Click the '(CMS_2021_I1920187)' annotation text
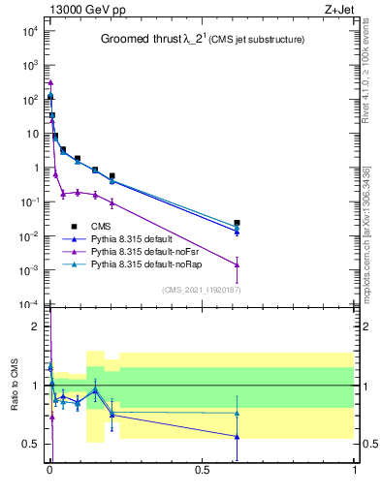tap(202, 290)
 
